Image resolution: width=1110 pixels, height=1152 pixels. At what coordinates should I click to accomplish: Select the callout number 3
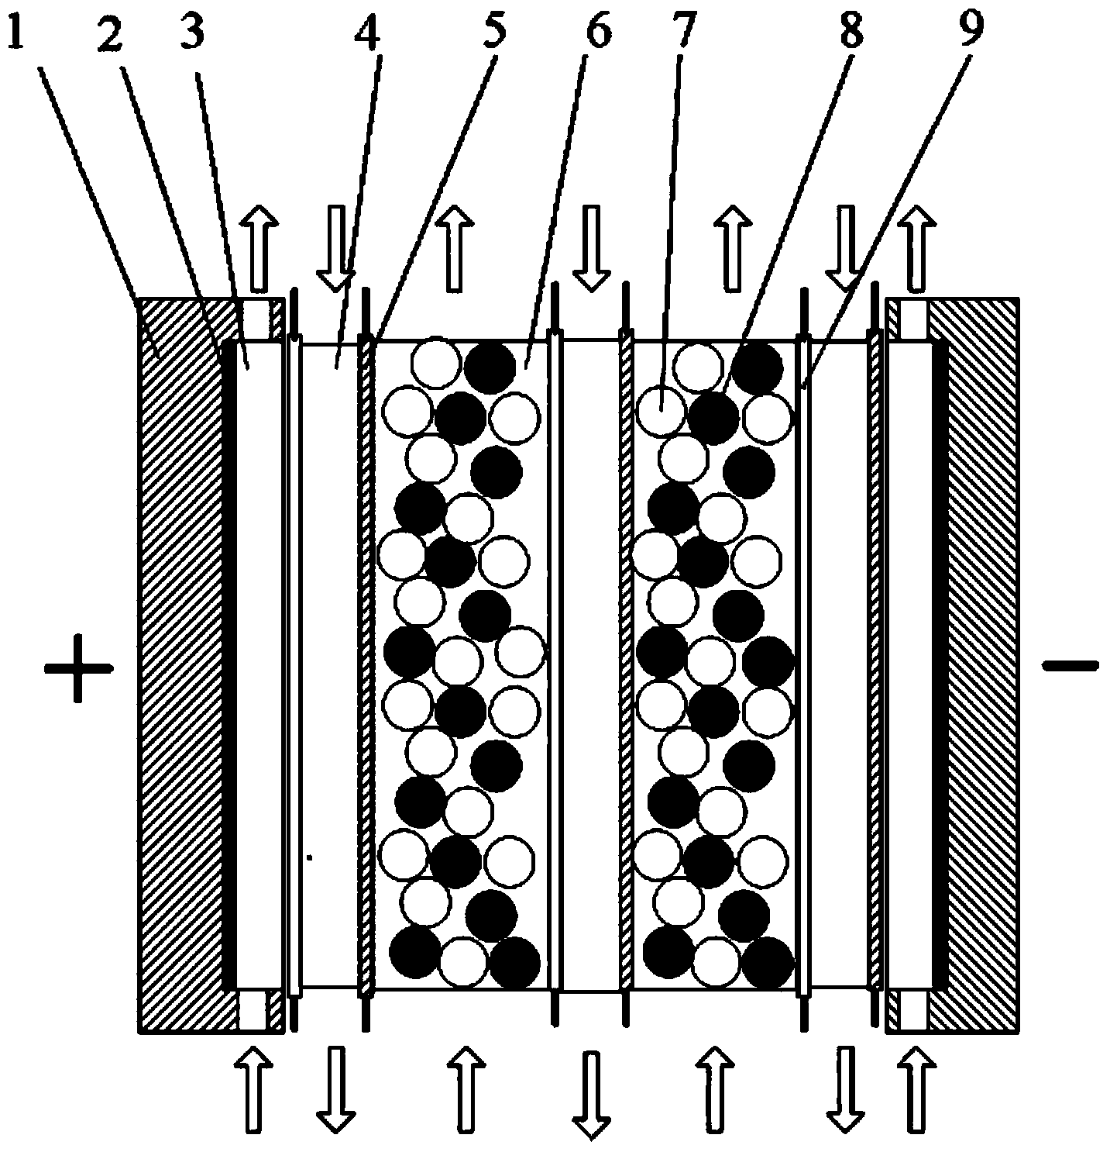click(x=192, y=31)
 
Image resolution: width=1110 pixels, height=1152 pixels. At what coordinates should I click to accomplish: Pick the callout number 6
click(x=596, y=29)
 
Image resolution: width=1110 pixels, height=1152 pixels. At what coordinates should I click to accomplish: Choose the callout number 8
click(x=851, y=29)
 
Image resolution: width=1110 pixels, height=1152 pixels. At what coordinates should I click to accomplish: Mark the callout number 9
click(x=970, y=29)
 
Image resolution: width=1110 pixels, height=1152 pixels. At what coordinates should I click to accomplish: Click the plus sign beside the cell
click(x=77, y=667)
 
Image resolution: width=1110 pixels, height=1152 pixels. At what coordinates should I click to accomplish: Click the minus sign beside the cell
click(x=1070, y=666)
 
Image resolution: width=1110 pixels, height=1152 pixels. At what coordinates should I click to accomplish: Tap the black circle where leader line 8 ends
click(x=713, y=418)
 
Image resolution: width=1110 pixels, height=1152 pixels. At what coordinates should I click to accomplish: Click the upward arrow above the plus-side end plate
click(x=259, y=249)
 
